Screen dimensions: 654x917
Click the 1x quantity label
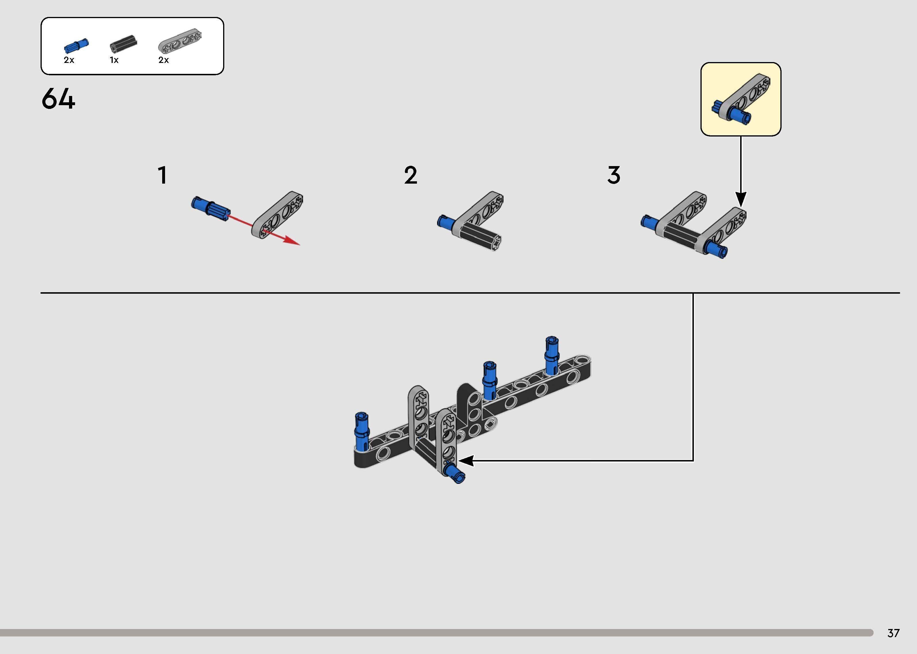(114, 60)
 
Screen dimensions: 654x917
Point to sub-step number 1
(162, 176)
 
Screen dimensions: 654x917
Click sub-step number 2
(411, 176)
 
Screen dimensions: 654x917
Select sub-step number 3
(614, 176)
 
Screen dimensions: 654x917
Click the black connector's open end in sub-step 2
(496, 243)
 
